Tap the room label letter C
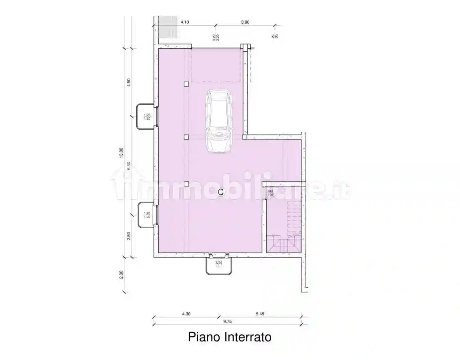221,192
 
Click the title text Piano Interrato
229,337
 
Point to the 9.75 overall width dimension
227,322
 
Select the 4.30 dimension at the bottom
186,313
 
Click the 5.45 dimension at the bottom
260,313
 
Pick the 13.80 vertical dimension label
120,152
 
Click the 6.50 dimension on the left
129,166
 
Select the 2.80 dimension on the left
129,236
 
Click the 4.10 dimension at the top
185,22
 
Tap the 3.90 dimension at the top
245,22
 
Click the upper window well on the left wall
147,117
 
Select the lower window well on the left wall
147,215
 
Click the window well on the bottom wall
219,264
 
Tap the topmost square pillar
186,84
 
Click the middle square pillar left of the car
186,137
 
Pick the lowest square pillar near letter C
186,184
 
